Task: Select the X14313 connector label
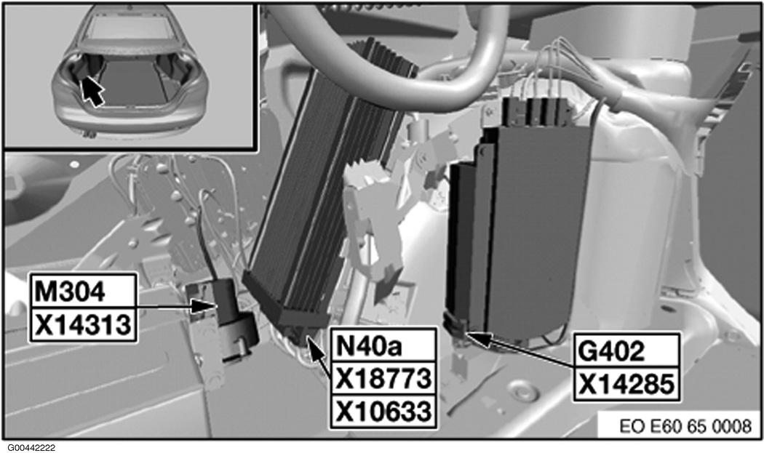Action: point(83,324)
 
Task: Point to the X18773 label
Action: point(383,379)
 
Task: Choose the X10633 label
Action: point(383,412)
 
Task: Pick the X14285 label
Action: point(626,384)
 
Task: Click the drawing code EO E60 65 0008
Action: point(685,426)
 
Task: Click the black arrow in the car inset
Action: point(92,91)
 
